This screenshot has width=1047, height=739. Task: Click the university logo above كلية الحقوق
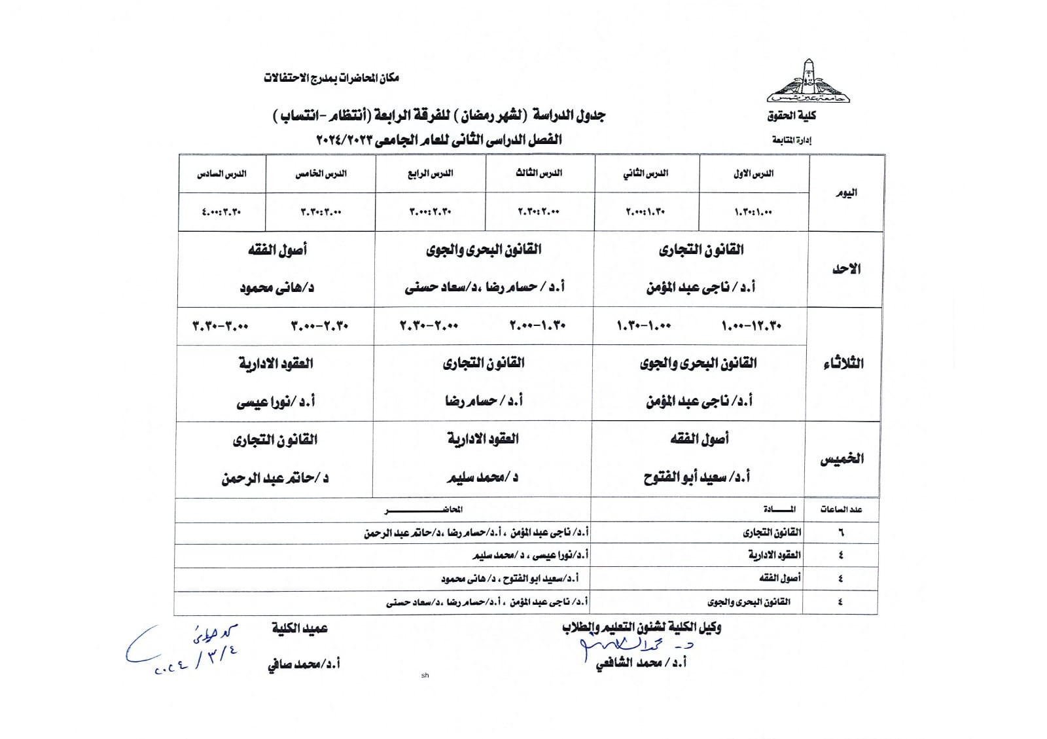pos(809,82)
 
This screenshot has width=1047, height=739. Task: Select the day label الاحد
pos(845,269)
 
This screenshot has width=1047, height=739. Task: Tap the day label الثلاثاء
pos(843,363)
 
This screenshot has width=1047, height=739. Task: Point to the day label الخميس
pos(842,459)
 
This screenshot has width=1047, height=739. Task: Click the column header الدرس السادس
pos(222,174)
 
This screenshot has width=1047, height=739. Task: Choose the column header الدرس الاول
pos(754,173)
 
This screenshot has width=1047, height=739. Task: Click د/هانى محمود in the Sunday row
pos(277,287)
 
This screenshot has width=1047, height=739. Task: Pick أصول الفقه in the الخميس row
pos(699,439)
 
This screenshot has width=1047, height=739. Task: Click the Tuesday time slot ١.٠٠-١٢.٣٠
pos(751,326)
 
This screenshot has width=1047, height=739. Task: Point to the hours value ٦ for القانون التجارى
pos(841,533)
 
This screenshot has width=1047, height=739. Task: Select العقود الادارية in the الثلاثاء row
pos(275,363)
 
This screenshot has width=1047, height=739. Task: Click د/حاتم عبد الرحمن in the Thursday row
pos(275,478)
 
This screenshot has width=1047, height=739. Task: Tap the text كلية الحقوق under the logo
pos(792,116)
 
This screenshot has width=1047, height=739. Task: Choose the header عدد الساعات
pos(841,509)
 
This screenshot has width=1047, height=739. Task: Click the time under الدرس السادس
pos(222,212)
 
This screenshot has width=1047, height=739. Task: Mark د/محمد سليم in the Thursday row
pos(482,478)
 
